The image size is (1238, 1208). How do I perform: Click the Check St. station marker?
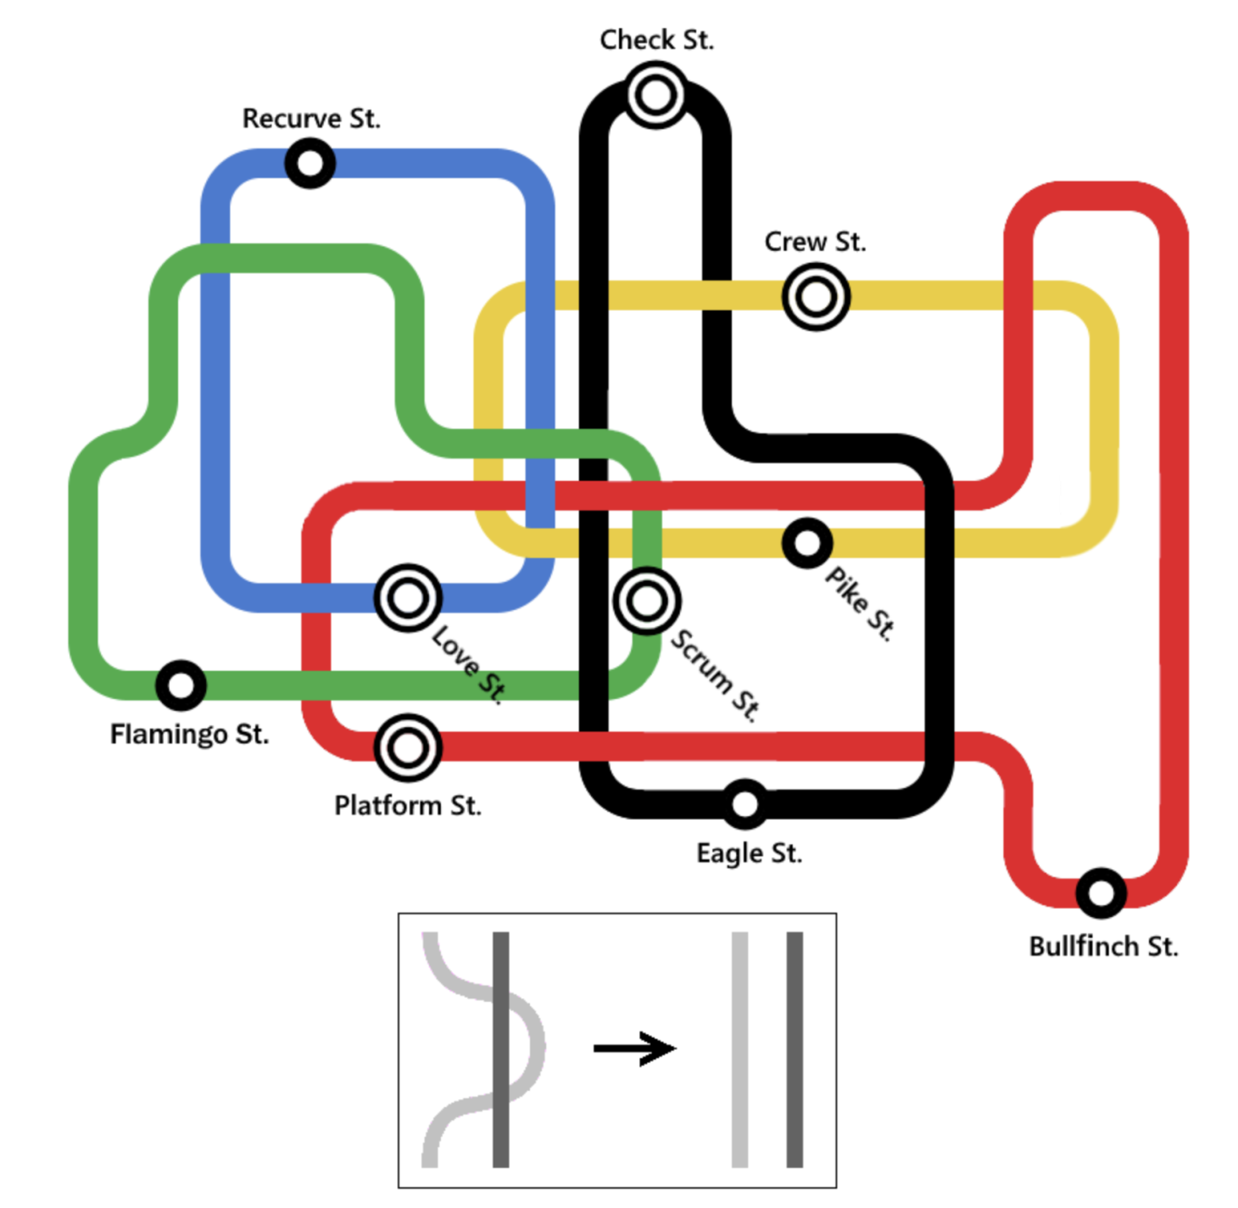coord(654,95)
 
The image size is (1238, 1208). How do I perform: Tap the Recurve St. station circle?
coord(310,164)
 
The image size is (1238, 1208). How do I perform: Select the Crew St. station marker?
coord(815,296)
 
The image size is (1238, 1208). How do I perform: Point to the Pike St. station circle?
coord(806,544)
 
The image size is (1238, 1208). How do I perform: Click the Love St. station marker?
coord(408,598)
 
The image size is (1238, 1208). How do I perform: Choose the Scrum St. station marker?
coord(646,601)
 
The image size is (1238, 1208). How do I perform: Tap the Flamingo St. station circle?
coord(181,685)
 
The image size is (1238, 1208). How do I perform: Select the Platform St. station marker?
coord(408,748)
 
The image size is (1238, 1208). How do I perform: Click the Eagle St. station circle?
coord(744,804)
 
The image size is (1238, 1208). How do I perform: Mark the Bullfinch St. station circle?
coord(1101,893)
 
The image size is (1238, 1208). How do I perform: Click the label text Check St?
coord(656,40)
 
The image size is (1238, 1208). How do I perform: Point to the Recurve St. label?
coord(311,118)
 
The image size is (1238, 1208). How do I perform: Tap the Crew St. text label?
coord(814,242)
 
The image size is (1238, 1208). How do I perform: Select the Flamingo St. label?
coord(189,734)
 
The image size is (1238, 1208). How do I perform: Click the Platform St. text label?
coord(407,805)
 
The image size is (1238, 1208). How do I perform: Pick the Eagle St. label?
coord(749,854)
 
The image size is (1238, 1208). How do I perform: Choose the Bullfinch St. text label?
coord(1103,946)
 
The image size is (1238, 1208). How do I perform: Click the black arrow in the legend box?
coord(634,1048)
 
